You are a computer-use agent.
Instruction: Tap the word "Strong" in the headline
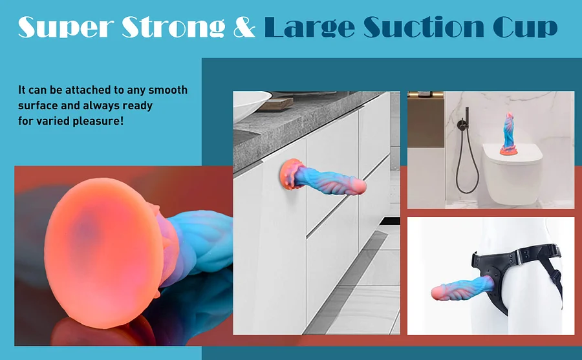click(x=173, y=26)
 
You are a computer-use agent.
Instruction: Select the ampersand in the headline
click(x=244, y=27)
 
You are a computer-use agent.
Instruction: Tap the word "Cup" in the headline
click(x=525, y=27)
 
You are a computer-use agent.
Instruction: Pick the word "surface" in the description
click(x=38, y=105)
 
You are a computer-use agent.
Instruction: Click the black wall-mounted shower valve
click(x=462, y=124)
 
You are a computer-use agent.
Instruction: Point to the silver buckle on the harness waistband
click(x=519, y=257)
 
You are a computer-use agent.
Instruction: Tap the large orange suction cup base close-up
click(x=103, y=253)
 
